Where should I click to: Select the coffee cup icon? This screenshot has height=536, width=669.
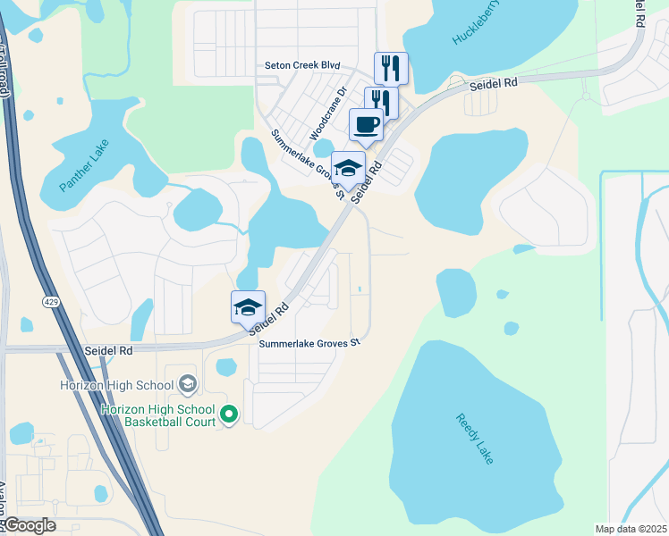366,124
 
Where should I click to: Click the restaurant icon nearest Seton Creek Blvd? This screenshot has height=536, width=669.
391,68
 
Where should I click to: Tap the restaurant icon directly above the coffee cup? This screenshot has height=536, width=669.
380,101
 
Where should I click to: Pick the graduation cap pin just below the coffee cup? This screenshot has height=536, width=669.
348,167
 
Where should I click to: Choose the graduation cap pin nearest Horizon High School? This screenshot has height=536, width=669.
249,307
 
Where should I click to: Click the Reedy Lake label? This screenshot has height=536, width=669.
474,438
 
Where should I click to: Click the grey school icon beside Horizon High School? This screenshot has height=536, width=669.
187,384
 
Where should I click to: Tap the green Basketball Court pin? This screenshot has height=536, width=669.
229,414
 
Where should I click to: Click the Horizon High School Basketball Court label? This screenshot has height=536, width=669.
158,415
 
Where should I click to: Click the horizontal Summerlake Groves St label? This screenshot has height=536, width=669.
309,343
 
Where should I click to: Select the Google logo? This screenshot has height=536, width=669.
29,525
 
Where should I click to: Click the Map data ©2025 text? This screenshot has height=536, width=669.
630,529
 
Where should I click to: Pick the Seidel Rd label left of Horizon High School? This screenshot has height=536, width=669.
107,351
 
